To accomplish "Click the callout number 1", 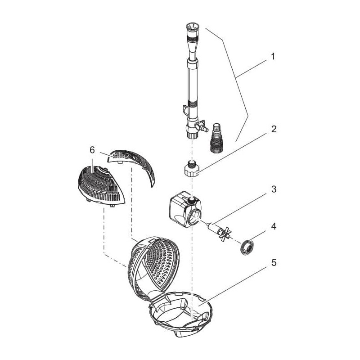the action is [x=273, y=56].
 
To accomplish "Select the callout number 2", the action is [x=274, y=129].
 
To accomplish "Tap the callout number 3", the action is [x=274, y=189].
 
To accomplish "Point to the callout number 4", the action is [x=274, y=227].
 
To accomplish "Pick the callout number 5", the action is [x=274, y=263].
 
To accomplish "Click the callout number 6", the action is [x=92, y=150].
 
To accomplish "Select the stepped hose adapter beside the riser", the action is [x=216, y=138].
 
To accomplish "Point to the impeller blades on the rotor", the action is [x=224, y=233].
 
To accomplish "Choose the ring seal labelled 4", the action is [x=246, y=247].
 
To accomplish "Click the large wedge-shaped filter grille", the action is [x=99, y=185].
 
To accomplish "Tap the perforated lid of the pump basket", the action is [x=154, y=266].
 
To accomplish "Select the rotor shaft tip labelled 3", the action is [x=208, y=224].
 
